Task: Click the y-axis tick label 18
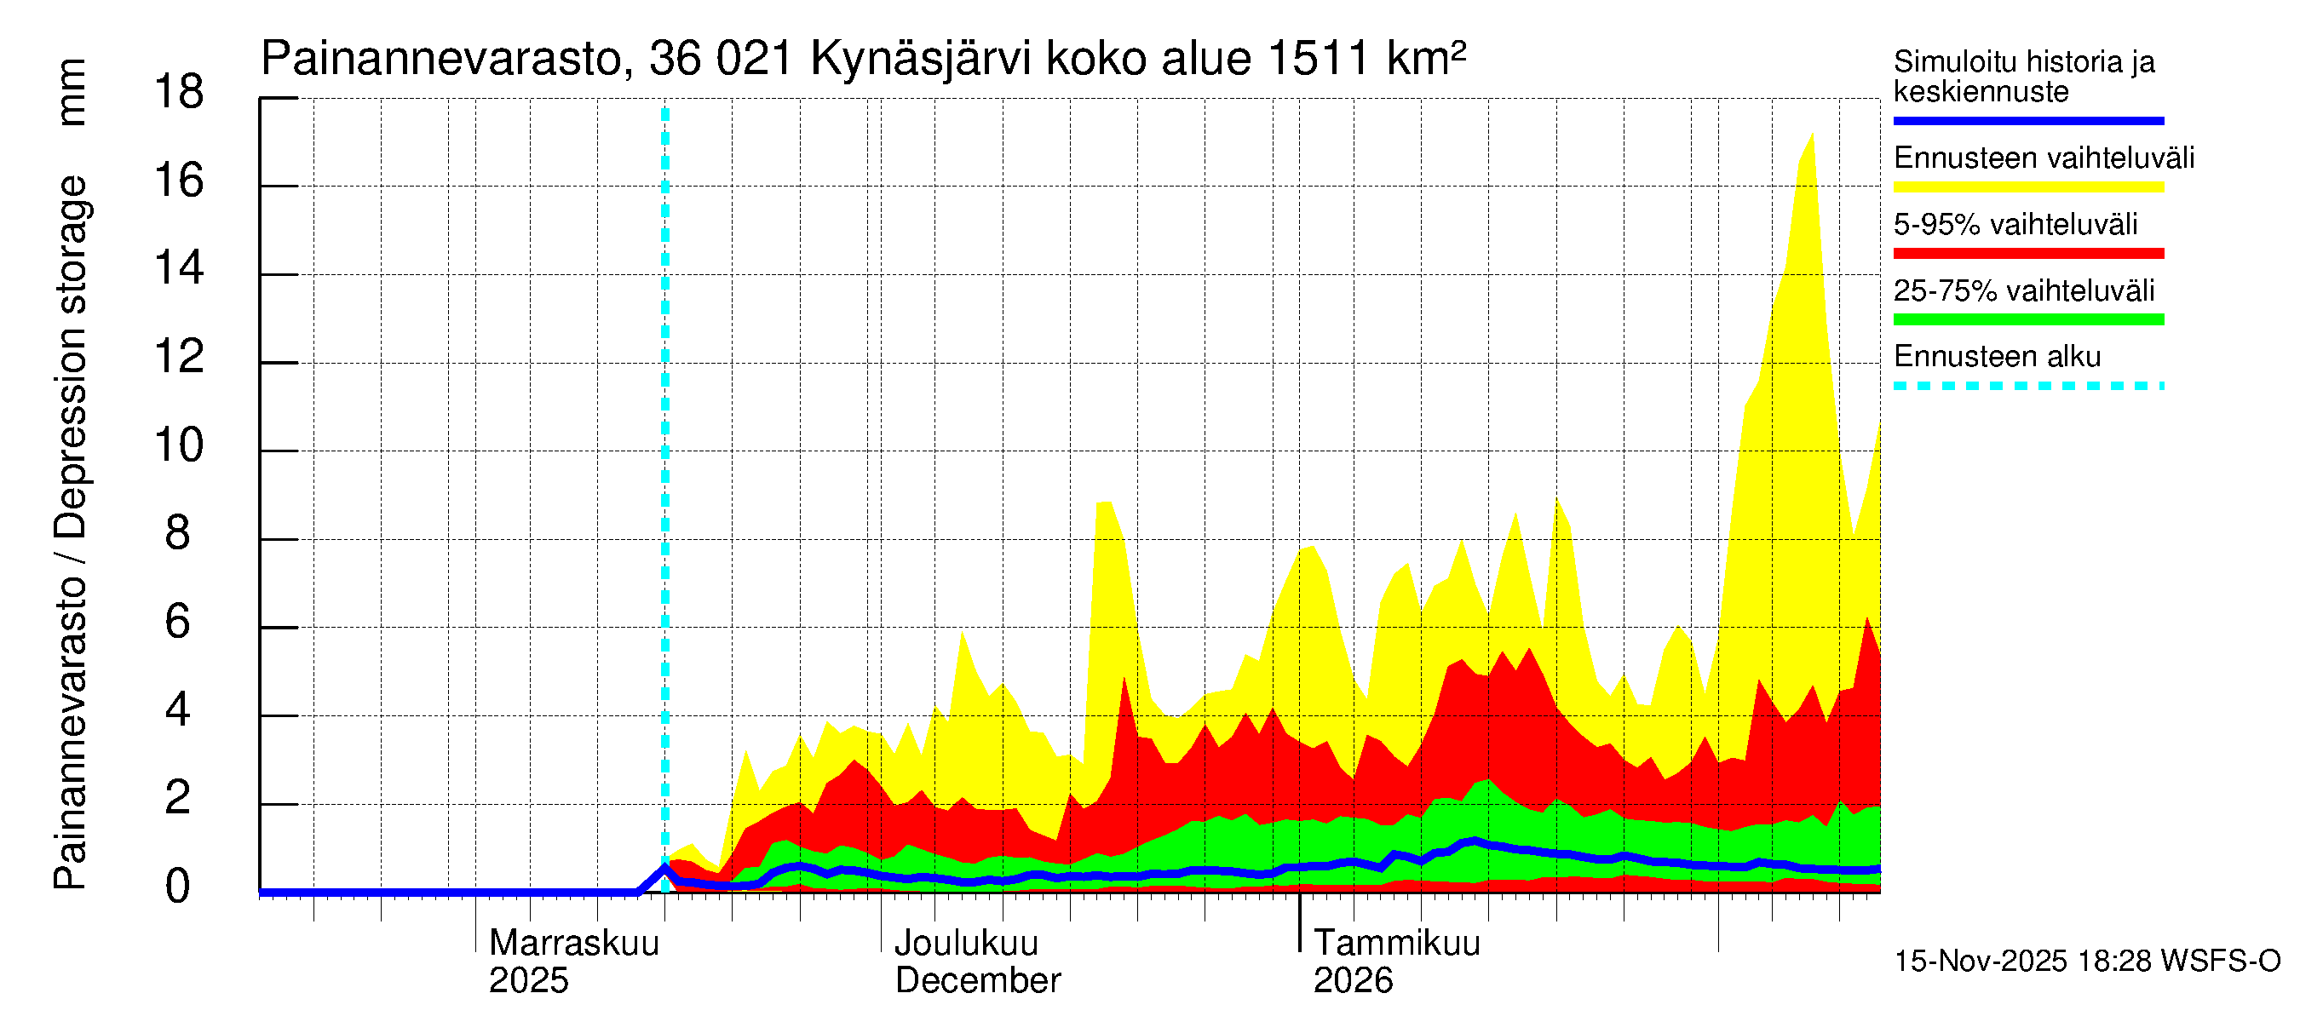click(x=179, y=92)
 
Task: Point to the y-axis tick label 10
click(x=179, y=445)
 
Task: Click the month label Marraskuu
click(x=573, y=944)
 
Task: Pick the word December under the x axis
click(x=977, y=981)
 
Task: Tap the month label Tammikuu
click(x=1396, y=944)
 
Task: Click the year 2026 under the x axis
click(x=1352, y=981)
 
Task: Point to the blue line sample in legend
click(x=2027, y=120)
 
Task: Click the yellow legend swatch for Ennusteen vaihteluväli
click(x=2027, y=187)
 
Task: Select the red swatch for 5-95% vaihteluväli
click(x=2027, y=254)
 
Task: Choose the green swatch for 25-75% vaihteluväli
click(x=2027, y=319)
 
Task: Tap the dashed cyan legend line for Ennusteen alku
click(x=2027, y=387)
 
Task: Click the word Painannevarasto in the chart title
click(x=441, y=60)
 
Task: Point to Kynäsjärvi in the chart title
click(x=920, y=60)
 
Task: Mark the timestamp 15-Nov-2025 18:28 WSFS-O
click(x=2086, y=962)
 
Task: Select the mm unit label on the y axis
click(x=72, y=92)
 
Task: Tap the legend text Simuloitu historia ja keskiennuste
click(x=2023, y=77)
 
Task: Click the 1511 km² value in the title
click(x=1366, y=58)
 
